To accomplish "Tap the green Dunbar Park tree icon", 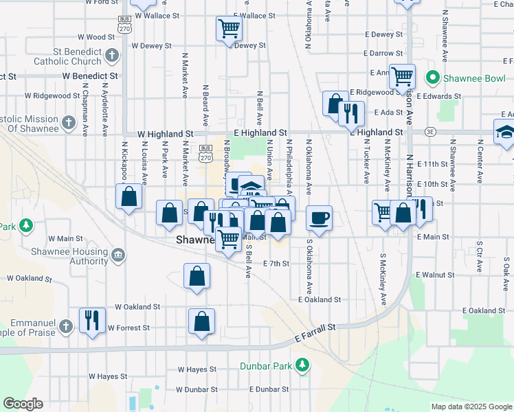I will (302, 365).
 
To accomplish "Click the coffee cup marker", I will (319, 218).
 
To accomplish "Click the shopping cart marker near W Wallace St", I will (229, 29).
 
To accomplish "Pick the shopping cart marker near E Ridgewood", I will (401, 77).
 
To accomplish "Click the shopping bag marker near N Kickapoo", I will (128, 197).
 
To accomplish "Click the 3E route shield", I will (430, 131).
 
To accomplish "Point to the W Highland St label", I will (165, 133).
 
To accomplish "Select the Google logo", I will (23, 404).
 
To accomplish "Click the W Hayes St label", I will (108, 376).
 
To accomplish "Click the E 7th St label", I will (277, 263).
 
